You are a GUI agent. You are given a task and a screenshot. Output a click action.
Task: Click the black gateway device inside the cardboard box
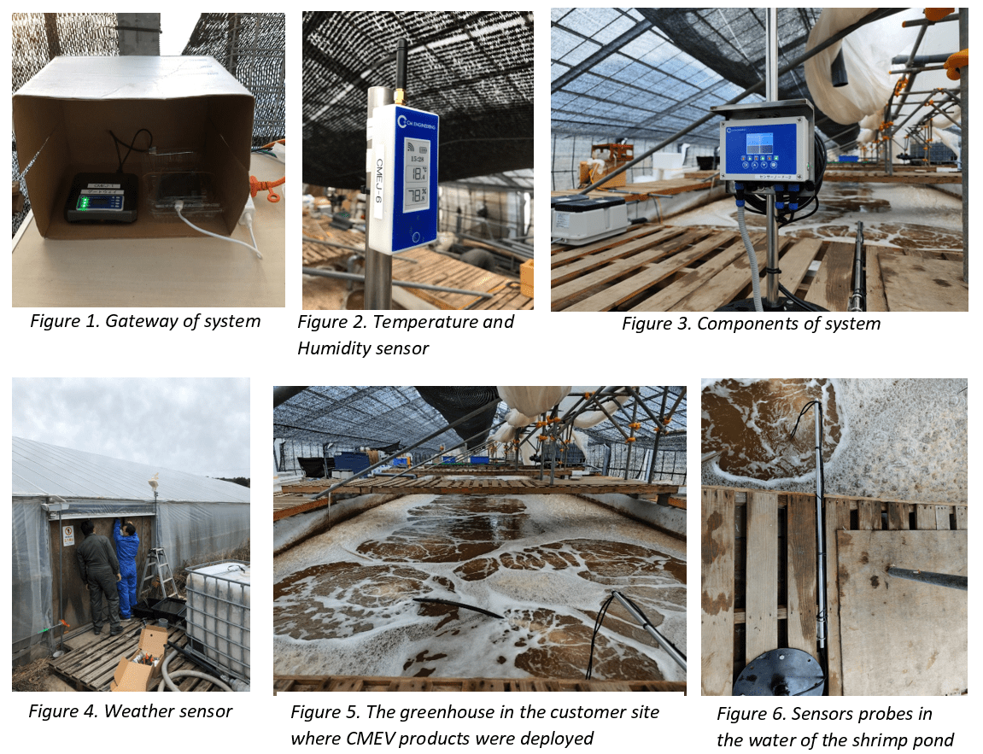coord(102,198)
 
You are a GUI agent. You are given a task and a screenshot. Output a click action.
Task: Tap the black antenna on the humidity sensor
coord(399,72)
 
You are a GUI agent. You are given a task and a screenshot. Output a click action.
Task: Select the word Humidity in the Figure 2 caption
coord(336,348)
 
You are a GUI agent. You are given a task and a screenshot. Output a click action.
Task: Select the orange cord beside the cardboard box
coord(270,188)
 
